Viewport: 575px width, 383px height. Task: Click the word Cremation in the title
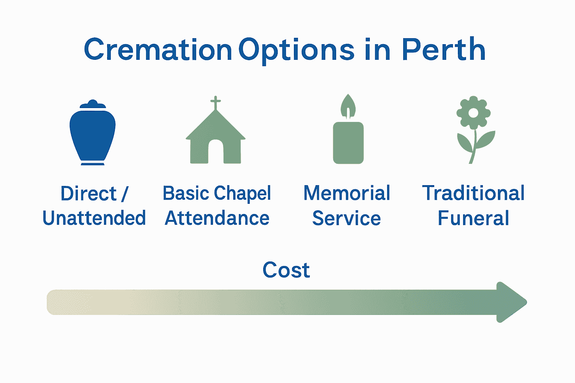(158, 49)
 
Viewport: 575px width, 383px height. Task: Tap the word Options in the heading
(296, 51)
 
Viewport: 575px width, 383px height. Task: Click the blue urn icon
(93, 132)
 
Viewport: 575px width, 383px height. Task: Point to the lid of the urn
(93, 104)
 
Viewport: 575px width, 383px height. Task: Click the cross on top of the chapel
(216, 102)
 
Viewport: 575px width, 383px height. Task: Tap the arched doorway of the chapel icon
(216, 152)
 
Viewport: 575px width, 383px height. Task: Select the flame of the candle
(348, 106)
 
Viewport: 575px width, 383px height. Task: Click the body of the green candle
(349, 143)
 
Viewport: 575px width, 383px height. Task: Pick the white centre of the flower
(473, 113)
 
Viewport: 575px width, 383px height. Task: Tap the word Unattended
(94, 218)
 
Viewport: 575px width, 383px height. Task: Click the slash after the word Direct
(125, 193)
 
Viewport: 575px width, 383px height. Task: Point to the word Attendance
(217, 218)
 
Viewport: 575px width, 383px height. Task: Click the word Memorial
(347, 193)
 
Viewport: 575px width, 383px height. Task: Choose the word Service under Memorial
(347, 218)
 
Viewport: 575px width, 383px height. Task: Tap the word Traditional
(473, 193)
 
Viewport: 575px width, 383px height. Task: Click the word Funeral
(473, 218)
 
